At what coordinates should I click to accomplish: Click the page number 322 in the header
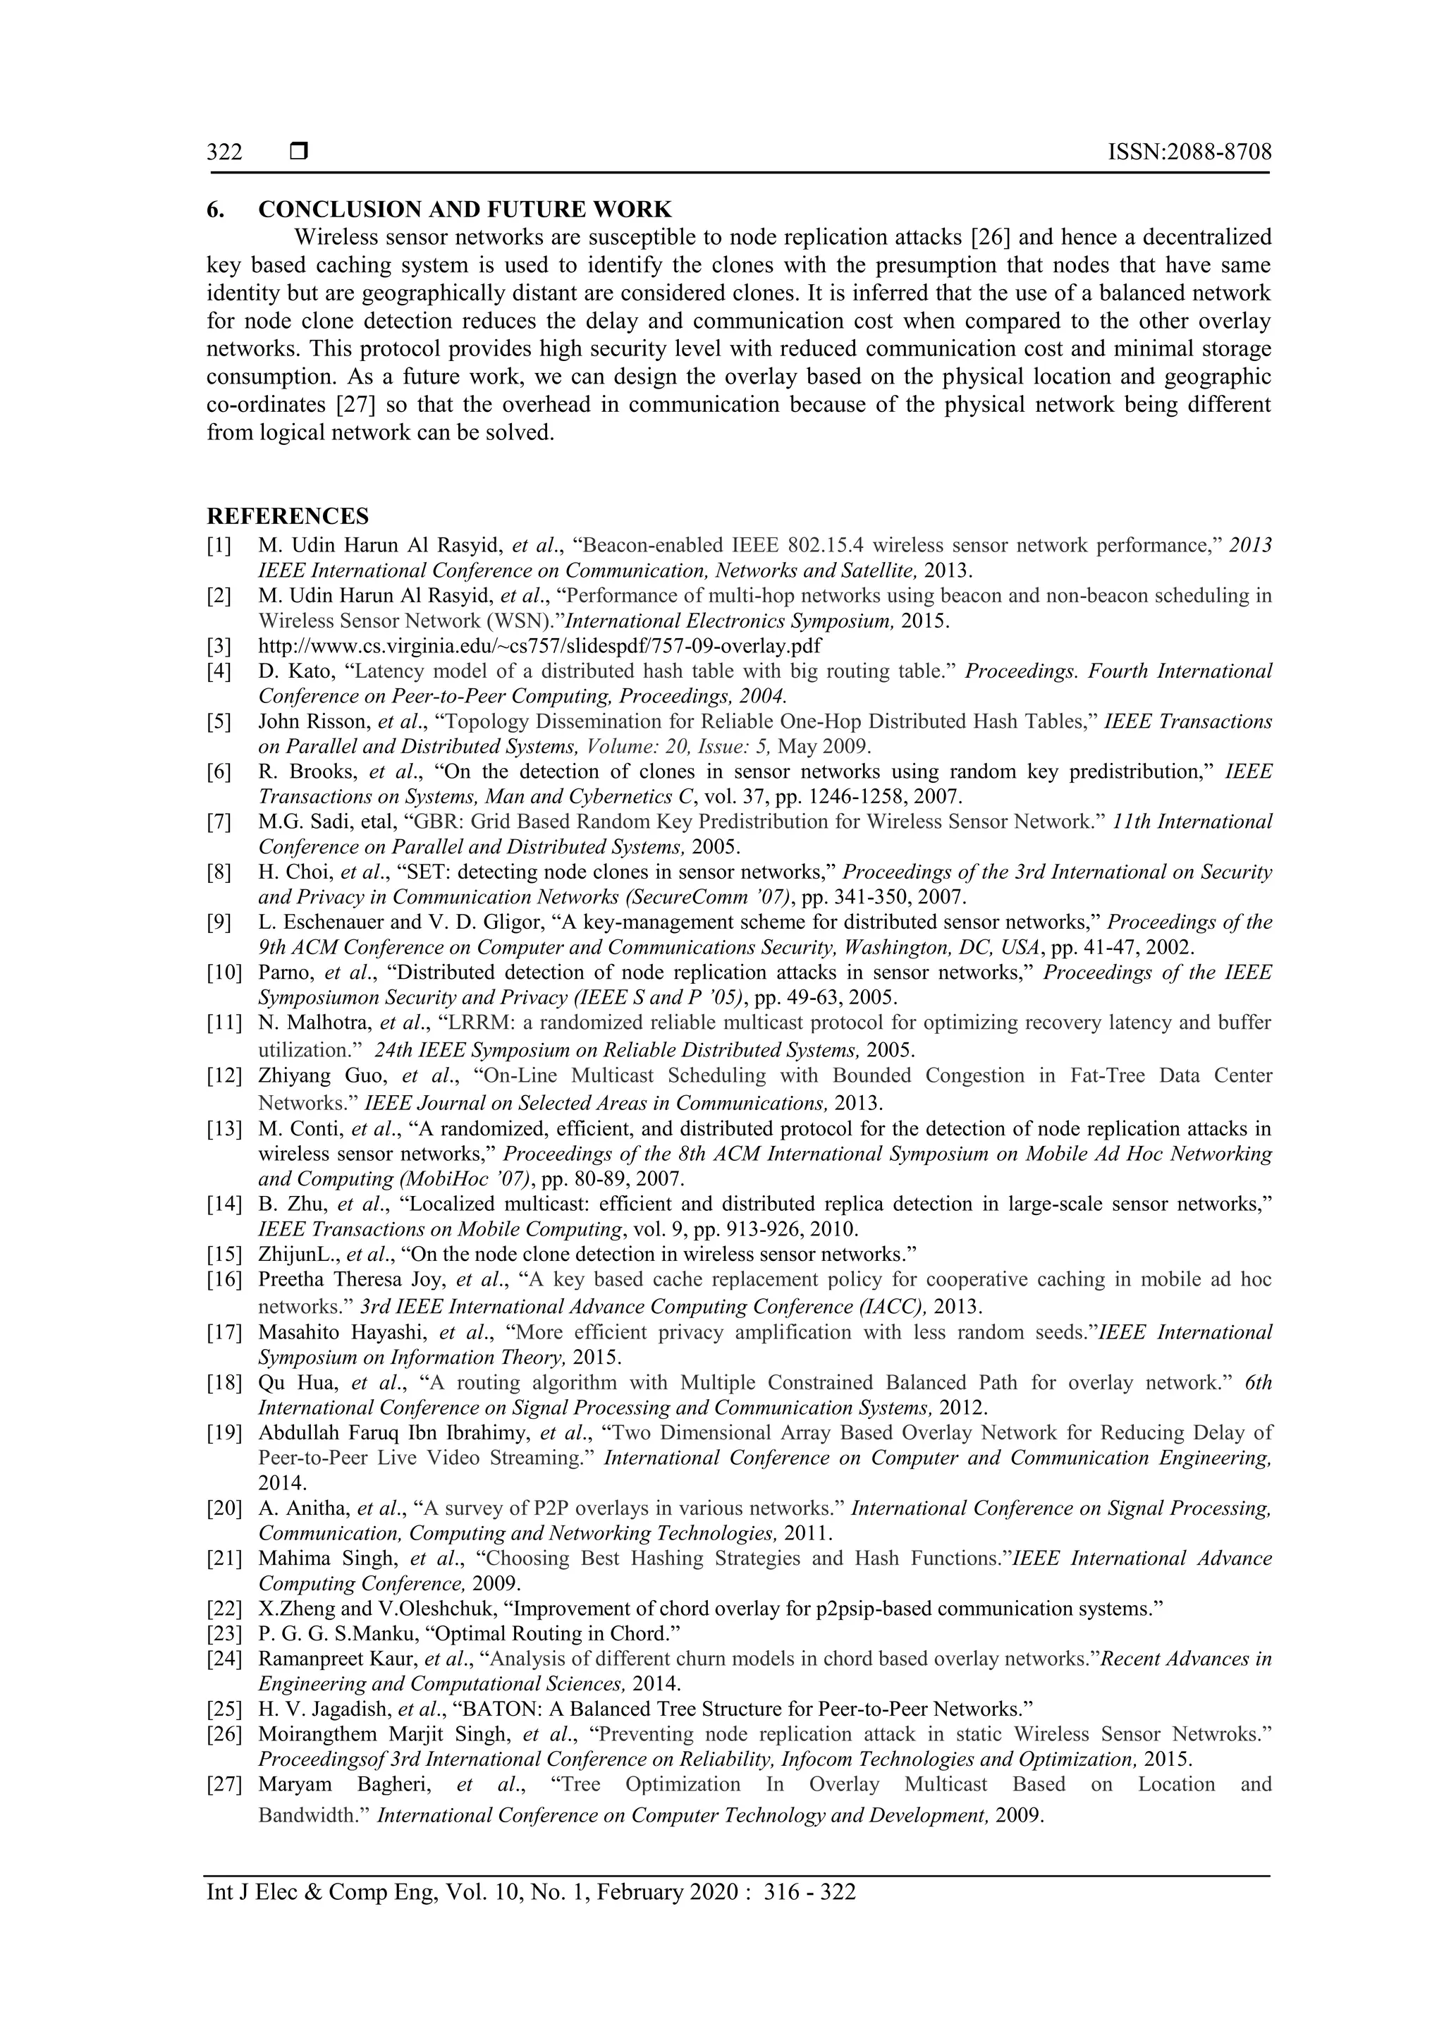(x=224, y=152)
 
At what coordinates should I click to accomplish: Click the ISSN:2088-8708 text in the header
(x=1189, y=152)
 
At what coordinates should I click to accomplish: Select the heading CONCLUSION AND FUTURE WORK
(x=465, y=210)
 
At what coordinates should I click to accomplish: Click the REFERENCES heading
(x=288, y=516)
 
